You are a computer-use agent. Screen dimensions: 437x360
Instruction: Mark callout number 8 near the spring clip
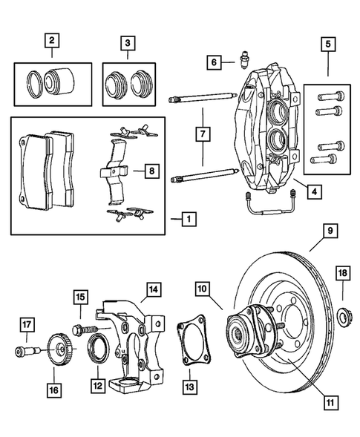click(x=151, y=171)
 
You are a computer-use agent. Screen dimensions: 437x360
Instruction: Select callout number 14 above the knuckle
click(x=153, y=289)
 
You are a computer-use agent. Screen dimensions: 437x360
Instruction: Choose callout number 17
click(x=26, y=323)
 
